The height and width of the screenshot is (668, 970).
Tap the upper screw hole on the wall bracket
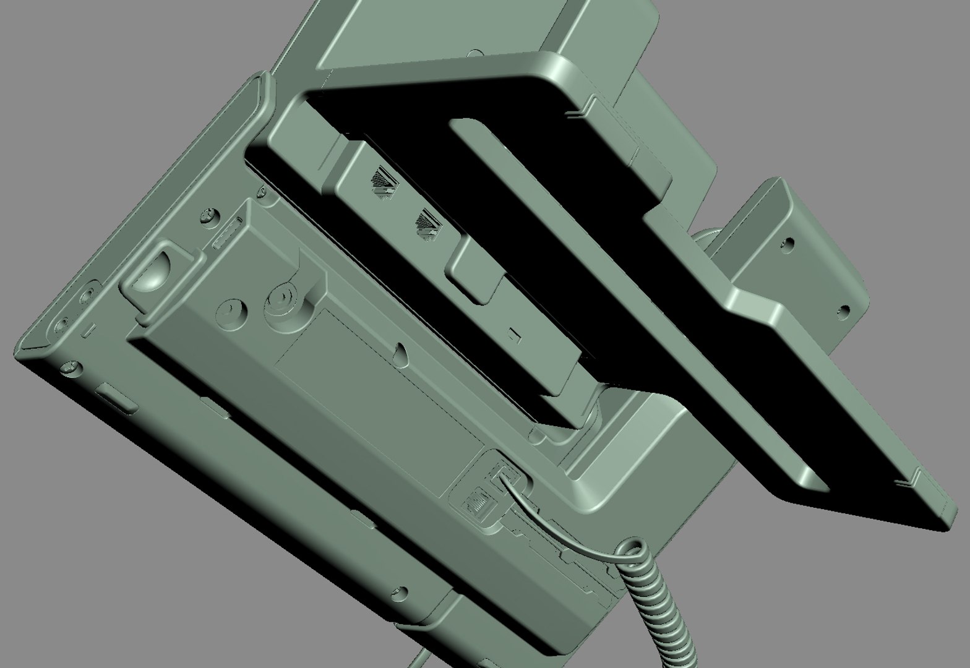pyautogui.click(x=789, y=245)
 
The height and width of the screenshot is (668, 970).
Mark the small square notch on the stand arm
pyautogui.click(x=513, y=335)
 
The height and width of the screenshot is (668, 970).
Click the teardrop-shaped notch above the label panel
pyautogui.click(x=402, y=352)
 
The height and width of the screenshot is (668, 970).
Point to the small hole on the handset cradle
pyautogui.click(x=476, y=55)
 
